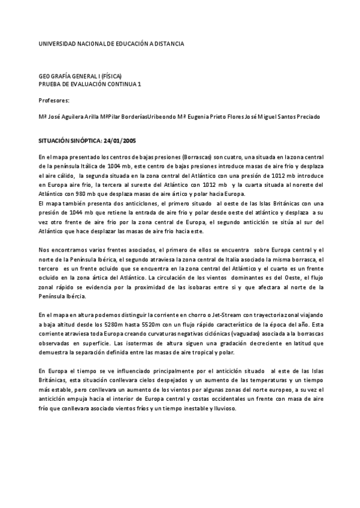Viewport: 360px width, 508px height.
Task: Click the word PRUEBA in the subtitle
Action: (50, 84)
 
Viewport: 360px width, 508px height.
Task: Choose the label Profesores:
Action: (54, 101)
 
